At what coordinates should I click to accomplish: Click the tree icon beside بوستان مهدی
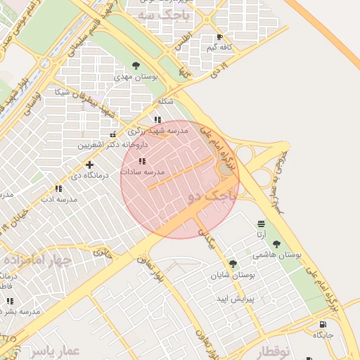(136, 65)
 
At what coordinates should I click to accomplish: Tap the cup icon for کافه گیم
(220, 37)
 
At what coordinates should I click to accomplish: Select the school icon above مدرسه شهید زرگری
(157, 120)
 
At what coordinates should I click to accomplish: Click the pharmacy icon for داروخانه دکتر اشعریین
(112, 134)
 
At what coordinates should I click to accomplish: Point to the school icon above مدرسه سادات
(143, 161)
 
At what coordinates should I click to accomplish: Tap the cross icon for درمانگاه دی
(89, 165)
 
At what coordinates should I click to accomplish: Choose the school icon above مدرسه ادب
(58, 188)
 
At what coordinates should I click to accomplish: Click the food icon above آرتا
(261, 224)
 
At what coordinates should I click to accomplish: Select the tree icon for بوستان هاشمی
(276, 245)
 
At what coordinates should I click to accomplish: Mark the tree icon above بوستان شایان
(233, 264)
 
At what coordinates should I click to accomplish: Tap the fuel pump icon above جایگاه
(323, 324)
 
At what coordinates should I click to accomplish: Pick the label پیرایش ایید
(254, 299)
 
